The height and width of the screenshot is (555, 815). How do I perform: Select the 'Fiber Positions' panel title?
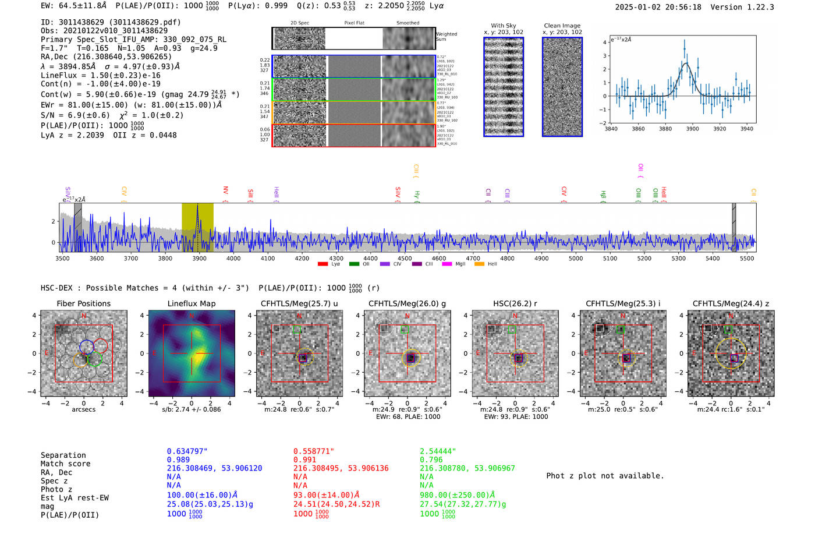84,303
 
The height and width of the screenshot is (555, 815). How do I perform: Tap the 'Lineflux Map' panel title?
192,303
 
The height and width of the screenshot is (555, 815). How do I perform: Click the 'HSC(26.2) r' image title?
515,303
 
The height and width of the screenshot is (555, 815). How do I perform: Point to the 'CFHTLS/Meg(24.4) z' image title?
731,303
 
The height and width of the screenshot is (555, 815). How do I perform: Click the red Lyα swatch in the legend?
323,264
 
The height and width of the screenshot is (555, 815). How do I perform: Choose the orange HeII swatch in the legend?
480,264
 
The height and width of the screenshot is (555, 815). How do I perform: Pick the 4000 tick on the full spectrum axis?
233,258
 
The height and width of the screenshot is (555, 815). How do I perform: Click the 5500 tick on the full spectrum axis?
747,258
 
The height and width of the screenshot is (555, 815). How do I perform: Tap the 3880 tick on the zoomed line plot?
665,129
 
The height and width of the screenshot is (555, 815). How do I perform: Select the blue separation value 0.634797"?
187,451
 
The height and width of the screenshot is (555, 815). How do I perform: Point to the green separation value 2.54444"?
438,451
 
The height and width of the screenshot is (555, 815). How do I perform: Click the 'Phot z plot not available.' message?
605,476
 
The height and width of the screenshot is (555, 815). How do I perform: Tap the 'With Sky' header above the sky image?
504,26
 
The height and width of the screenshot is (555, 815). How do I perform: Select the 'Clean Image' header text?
562,26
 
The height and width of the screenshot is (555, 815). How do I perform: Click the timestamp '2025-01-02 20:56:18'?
658,7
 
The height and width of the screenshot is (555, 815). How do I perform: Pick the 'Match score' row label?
65,464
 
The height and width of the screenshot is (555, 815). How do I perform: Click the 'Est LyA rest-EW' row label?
75,498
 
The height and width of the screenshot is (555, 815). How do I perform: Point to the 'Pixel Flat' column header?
354,23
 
